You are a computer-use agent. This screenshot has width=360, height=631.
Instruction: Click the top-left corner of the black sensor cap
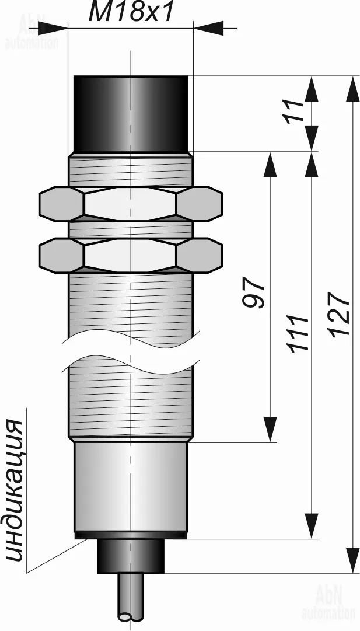(75, 76)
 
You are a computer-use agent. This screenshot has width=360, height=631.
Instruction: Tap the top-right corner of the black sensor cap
(187, 76)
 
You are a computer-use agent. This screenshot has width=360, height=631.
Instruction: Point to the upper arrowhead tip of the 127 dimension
(353, 76)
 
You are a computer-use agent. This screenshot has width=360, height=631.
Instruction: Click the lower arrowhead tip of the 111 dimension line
(312, 538)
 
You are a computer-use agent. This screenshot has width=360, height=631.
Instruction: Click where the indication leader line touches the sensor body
(87, 539)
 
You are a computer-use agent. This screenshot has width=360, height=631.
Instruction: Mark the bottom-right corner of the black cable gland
(164, 573)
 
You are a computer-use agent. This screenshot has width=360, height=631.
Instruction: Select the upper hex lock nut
(130, 204)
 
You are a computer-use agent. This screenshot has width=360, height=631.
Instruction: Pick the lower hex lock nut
(130, 256)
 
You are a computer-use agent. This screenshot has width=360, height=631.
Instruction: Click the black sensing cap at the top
(131, 114)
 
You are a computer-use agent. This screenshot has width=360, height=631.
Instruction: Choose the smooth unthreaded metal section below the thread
(130, 487)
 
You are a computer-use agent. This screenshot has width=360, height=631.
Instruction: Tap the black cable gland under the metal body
(131, 556)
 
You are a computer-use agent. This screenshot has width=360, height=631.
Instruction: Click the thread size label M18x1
(131, 12)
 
